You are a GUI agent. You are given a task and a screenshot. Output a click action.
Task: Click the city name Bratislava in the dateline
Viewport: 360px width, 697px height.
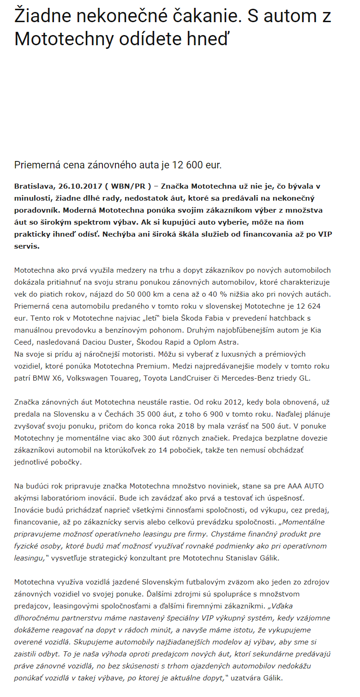click(x=33, y=186)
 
